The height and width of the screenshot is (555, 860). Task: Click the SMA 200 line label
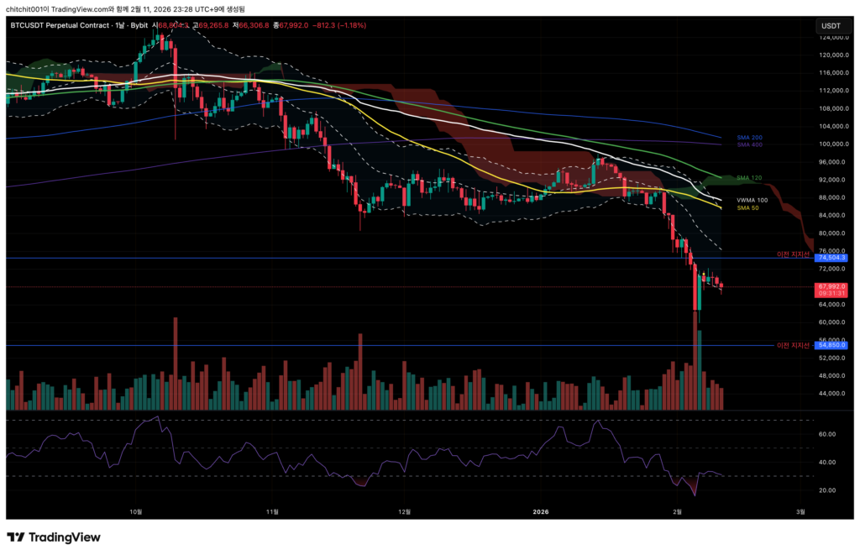[x=748, y=137]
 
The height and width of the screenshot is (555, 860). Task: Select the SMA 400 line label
[x=748, y=144]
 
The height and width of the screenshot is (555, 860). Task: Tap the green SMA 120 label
[x=748, y=178]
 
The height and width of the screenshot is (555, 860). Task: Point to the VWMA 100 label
[x=751, y=200]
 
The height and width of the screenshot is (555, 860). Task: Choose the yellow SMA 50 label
[x=747, y=207]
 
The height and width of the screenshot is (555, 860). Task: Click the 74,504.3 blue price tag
[x=831, y=258]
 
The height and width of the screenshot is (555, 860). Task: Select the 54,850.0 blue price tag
[x=831, y=345]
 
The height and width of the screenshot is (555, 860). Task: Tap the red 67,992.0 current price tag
[x=831, y=286]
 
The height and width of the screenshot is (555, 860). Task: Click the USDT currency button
[x=831, y=26]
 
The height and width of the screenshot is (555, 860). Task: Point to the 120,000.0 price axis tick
[x=831, y=55]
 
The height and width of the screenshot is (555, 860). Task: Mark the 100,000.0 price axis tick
[x=831, y=144]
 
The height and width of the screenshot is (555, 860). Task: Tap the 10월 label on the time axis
[x=136, y=510]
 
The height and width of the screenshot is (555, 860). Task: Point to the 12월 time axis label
[x=405, y=510]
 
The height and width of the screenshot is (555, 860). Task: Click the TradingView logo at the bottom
[x=54, y=537]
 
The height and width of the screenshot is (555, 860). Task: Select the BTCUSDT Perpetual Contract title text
[x=62, y=25]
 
